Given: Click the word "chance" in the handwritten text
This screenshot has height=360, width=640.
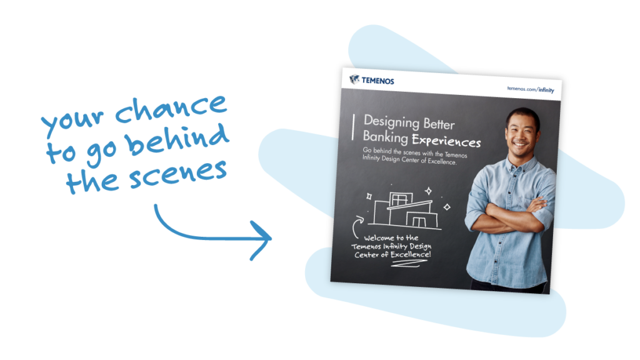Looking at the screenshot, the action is pos(170,108).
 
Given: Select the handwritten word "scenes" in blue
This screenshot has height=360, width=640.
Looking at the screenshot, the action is pos(178,174).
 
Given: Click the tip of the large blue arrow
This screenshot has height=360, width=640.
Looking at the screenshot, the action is pos(271,238).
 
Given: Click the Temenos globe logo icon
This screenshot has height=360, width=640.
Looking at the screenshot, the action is pos(354,79).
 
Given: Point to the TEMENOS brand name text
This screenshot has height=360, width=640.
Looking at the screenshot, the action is pos(377,81).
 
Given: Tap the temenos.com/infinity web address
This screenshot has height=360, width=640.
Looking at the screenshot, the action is pos(531,89).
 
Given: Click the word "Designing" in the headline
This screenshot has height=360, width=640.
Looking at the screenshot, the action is pos(391,122).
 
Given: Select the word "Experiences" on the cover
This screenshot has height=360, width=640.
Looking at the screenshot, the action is pos(446,141).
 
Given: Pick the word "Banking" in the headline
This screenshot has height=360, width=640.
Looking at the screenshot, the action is pos(385,137).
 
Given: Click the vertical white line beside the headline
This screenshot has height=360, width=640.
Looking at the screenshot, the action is pos(353,127).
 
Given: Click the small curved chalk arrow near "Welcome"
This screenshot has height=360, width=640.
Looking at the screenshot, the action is pos(355,227).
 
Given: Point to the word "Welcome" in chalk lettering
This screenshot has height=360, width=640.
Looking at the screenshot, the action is pos(379,238).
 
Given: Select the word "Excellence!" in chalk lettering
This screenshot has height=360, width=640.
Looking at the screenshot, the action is pos(411,255).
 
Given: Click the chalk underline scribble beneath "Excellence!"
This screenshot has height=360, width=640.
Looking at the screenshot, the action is pos(409,264).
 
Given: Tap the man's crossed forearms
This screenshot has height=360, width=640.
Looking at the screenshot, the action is pos(515,214).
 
